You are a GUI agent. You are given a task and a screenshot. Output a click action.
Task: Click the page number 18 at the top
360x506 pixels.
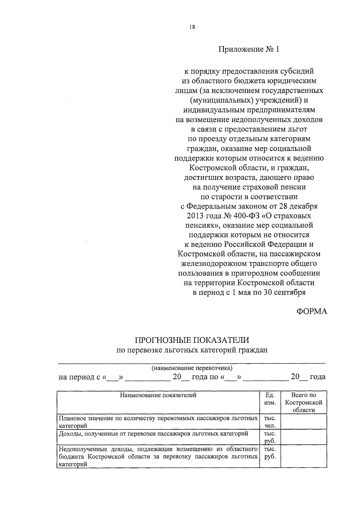point(192,27)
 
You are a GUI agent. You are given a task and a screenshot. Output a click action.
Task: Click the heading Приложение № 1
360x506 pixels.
point(249,49)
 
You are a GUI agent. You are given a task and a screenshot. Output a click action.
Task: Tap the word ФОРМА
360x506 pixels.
point(312,311)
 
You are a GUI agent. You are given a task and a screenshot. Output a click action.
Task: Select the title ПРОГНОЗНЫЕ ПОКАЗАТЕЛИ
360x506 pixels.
point(192,340)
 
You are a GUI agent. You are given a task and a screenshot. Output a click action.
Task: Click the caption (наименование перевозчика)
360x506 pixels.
point(192,368)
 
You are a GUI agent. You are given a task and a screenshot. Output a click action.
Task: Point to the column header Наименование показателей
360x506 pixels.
point(158,395)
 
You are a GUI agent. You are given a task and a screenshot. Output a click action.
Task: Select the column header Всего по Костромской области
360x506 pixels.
point(304,403)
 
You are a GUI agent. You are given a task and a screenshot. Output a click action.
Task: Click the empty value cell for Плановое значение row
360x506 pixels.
point(304,421)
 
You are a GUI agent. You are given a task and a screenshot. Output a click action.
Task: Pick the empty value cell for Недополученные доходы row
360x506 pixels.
point(304,456)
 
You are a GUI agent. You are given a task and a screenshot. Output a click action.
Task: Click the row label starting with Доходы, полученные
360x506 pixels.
point(153,433)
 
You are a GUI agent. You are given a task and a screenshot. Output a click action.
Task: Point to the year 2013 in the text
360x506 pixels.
point(195,216)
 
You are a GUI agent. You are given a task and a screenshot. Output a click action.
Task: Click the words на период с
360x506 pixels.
point(79,377)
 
